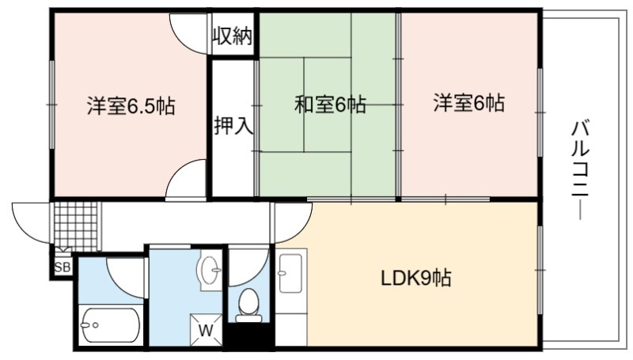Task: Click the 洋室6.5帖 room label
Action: coord(131,106)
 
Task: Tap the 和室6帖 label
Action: coord(330,104)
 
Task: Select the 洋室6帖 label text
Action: coord(468,103)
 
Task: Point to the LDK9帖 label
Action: coord(416,278)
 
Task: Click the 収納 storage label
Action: coord(233,36)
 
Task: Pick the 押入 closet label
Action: coord(233,125)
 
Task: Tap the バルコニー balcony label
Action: coord(581,170)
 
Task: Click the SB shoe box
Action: coord(63,267)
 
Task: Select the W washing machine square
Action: coord(206,330)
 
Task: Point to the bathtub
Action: coord(110,325)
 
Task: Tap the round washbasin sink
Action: coord(209,268)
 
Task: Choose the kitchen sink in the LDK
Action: coord(290,273)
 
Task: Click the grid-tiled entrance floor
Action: coord(75,226)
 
